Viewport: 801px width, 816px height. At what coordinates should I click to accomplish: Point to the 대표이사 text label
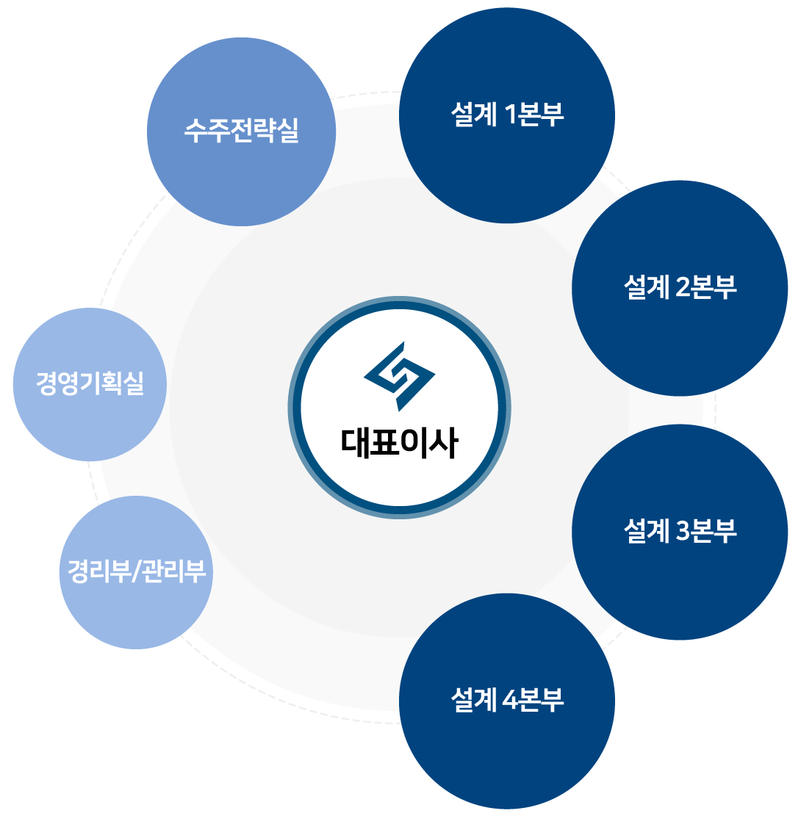pos(399,443)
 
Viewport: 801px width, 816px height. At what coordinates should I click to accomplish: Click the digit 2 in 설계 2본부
pos(683,288)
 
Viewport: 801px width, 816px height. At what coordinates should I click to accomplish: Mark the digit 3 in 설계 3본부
pos(683,531)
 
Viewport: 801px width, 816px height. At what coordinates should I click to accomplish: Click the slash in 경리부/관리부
pos(134,571)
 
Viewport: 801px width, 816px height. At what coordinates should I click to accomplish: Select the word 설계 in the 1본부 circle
pos(475,115)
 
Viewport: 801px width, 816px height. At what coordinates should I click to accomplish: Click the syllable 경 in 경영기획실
pos(49,383)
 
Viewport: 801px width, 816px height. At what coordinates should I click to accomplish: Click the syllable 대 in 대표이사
pos(356,443)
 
